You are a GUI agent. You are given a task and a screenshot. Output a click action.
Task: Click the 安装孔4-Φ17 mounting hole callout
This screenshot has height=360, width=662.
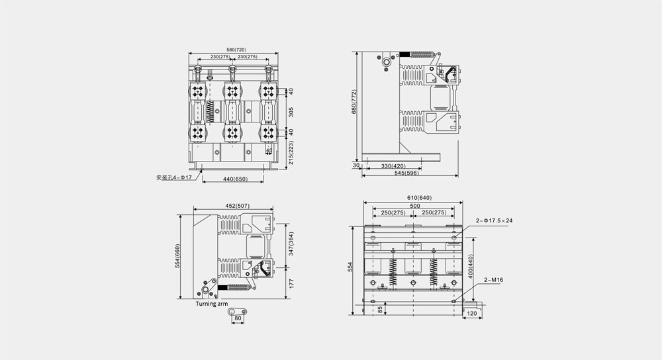pyautogui.click(x=173, y=178)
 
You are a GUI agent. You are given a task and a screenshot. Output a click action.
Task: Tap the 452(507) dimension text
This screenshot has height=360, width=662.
pyautogui.click(x=233, y=205)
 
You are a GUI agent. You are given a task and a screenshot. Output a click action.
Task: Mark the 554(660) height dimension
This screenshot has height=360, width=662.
pyautogui.click(x=177, y=257)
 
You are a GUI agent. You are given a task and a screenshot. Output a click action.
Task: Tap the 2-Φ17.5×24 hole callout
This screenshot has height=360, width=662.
pyautogui.click(x=494, y=220)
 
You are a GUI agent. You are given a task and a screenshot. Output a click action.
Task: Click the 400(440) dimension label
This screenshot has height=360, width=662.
pyautogui.click(x=471, y=265)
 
